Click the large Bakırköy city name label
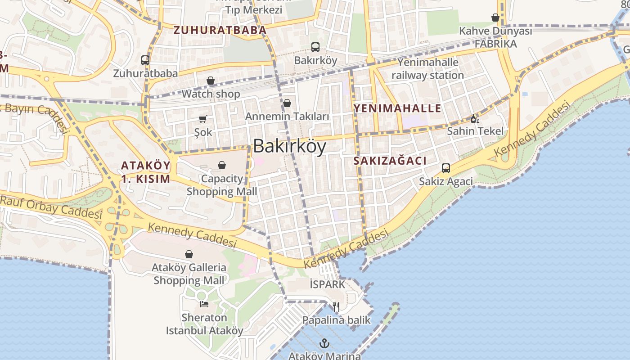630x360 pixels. coord(289,146)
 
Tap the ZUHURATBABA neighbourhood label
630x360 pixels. coord(220,31)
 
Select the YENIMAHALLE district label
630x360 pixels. coord(397,108)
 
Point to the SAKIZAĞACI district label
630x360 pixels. coord(390,161)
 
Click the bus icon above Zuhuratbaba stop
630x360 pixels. coord(145,60)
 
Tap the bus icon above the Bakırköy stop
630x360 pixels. coord(315,47)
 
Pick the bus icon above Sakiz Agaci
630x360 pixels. coord(446,168)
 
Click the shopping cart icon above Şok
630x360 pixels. coord(202,119)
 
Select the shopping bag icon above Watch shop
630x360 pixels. coord(211,81)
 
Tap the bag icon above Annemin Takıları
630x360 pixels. coord(287,103)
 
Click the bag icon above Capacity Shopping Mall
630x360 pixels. coord(222,166)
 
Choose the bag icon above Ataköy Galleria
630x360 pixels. coord(189,255)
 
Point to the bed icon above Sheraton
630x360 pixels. coord(204,304)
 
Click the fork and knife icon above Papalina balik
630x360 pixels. coord(336,307)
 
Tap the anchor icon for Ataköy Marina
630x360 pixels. coord(324,344)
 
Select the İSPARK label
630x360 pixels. coord(327,284)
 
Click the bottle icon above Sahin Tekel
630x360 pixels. coord(475,118)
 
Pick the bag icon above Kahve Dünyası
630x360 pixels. coord(495,18)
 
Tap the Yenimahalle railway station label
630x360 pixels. coord(427,69)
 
